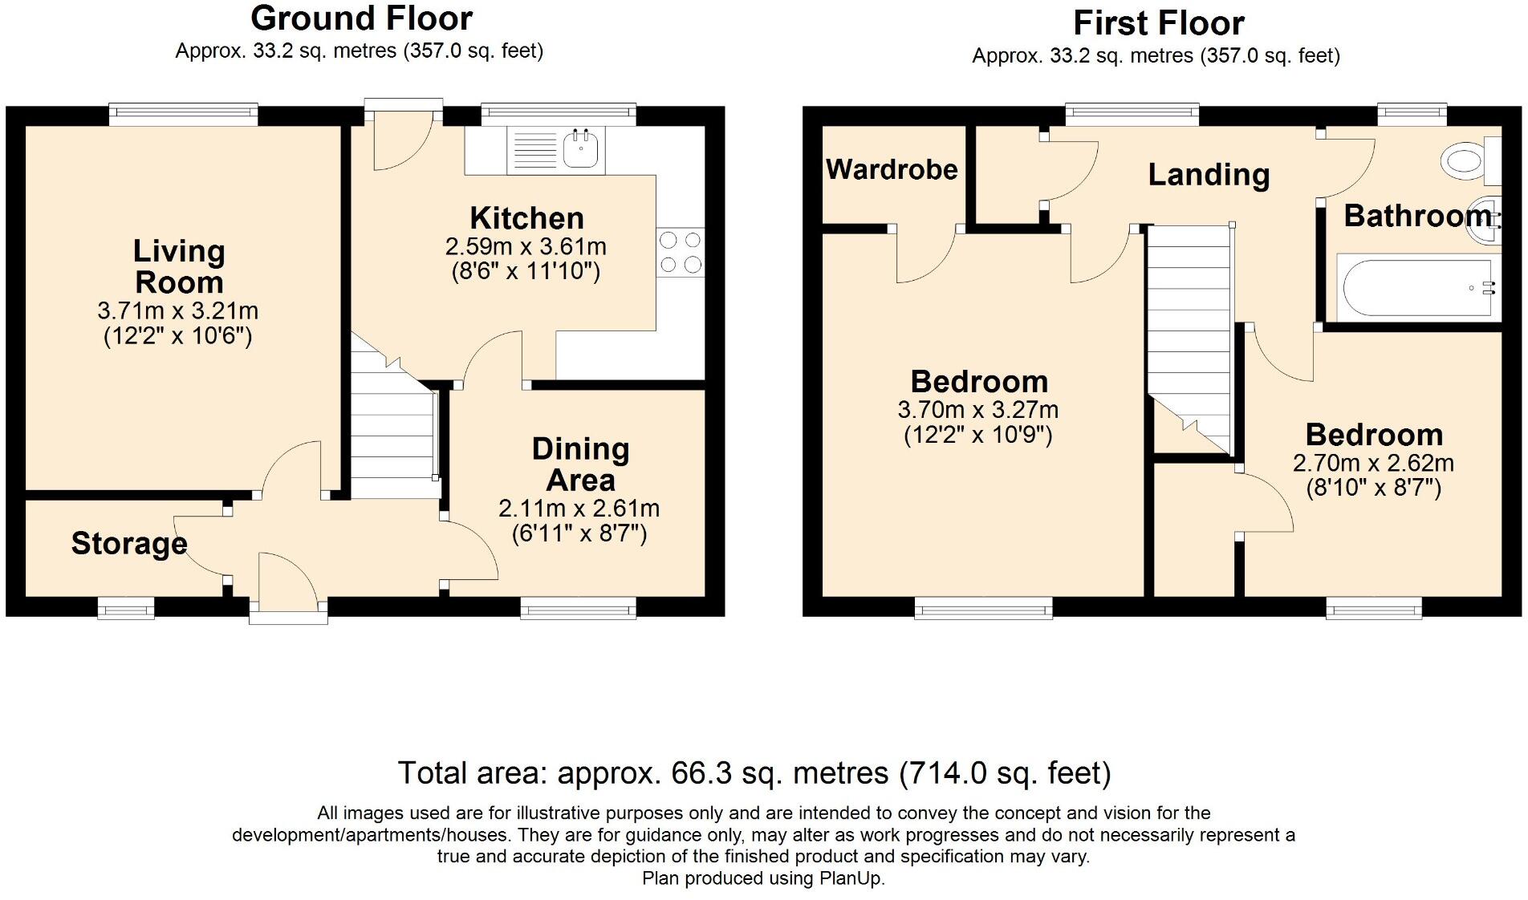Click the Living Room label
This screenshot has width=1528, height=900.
pos(179,266)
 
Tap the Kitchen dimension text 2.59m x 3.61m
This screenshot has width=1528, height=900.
pos(526,246)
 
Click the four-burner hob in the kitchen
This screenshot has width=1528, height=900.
pos(680,252)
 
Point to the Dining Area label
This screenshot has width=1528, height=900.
pos(580,464)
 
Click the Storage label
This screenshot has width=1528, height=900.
pos(129,543)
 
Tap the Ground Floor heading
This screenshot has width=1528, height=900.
pos(361,18)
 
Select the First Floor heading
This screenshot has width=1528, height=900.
pos(1159,23)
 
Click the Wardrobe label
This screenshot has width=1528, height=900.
pos(892,169)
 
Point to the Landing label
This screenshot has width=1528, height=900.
pos(1209,175)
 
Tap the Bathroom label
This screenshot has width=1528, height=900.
pos(1421,216)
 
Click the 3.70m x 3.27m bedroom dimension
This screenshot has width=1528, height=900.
pos(977,410)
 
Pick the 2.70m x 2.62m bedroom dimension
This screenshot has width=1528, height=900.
pos(1373,463)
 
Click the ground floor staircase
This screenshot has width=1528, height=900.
pos(392,425)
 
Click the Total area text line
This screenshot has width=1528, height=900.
pos(754,772)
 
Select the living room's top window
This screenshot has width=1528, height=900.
pos(184,116)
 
